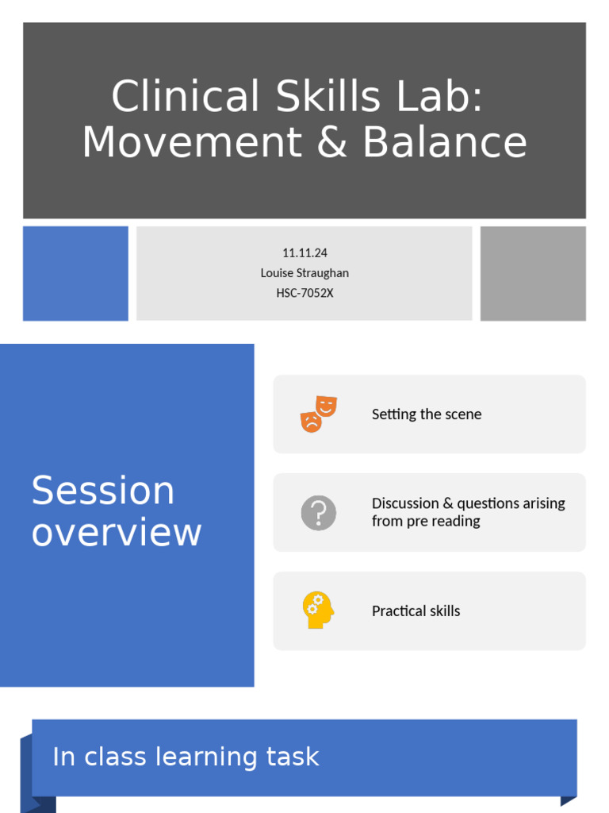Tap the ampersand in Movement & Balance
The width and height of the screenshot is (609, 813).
333,143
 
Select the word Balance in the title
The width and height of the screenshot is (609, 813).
445,143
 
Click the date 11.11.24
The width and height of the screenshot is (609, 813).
304,252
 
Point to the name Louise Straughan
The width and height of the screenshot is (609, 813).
304,272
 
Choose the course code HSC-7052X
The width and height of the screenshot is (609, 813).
304,293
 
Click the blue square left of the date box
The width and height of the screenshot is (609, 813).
75,273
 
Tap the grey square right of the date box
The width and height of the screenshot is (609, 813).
533,273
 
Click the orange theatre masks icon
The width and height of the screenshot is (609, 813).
319,414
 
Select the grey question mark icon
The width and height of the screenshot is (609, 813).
319,513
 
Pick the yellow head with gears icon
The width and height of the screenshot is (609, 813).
318,611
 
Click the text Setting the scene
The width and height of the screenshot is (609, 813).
426,414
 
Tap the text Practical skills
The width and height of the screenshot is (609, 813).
416,611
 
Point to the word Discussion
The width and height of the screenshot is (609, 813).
404,503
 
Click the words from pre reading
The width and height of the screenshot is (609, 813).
426,522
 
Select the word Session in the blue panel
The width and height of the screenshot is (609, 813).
103,491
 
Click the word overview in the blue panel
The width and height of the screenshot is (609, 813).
117,532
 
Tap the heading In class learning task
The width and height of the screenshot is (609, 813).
186,757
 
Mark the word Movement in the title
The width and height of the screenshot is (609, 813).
191,143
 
